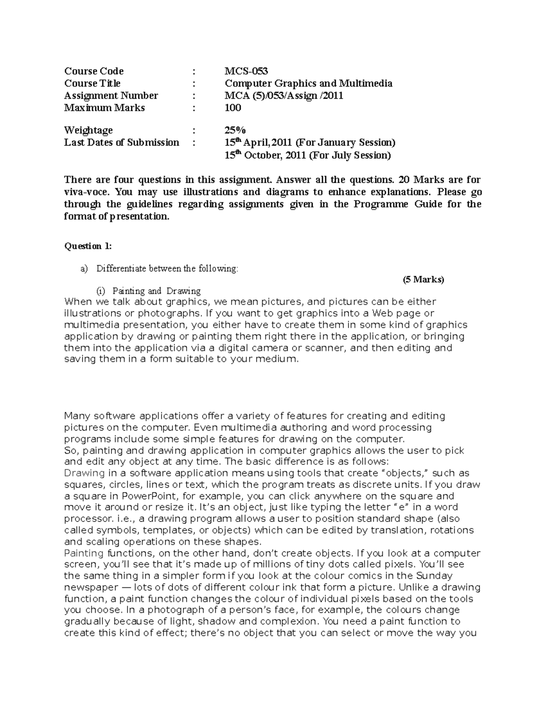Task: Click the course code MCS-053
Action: [x=246, y=71]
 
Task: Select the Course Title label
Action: [x=92, y=83]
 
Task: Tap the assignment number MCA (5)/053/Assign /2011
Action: [x=284, y=95]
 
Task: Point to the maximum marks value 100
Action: [x=233, y=108]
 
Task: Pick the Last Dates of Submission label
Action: [x=121, y=143]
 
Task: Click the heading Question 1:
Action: [x=88, y=246]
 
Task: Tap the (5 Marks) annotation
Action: [x=423, y=280]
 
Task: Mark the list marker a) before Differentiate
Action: [x=83, y=269]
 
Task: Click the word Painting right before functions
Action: [x=84, y=553]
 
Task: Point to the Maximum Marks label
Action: [x=105, y=108]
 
